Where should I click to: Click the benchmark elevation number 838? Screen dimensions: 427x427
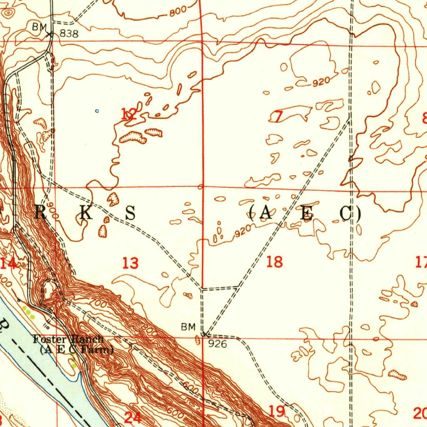click(x=69, y=34)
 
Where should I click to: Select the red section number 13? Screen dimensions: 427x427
click(x=131, y=263)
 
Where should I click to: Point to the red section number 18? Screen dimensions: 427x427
click(x=274, y=262)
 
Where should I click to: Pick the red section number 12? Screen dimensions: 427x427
click(x=128, y=114)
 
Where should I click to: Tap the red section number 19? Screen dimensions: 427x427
click(x=277, y=411)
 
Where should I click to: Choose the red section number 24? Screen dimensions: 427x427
click(x=133, y=417)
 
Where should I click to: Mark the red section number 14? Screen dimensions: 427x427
click(x=8, y=263)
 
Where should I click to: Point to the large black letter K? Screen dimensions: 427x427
click(x=85, y=213)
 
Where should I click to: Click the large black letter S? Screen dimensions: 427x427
click(x=131, y=213)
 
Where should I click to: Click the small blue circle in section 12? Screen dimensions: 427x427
click(x=97, y=111)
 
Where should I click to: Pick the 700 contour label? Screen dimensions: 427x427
click(x=100, y=304)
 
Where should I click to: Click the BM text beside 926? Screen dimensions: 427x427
click(x=188, y=327)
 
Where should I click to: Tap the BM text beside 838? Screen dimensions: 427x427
click(x=39, y=27)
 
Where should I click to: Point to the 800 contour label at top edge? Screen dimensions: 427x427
click(x=178, y=13)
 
